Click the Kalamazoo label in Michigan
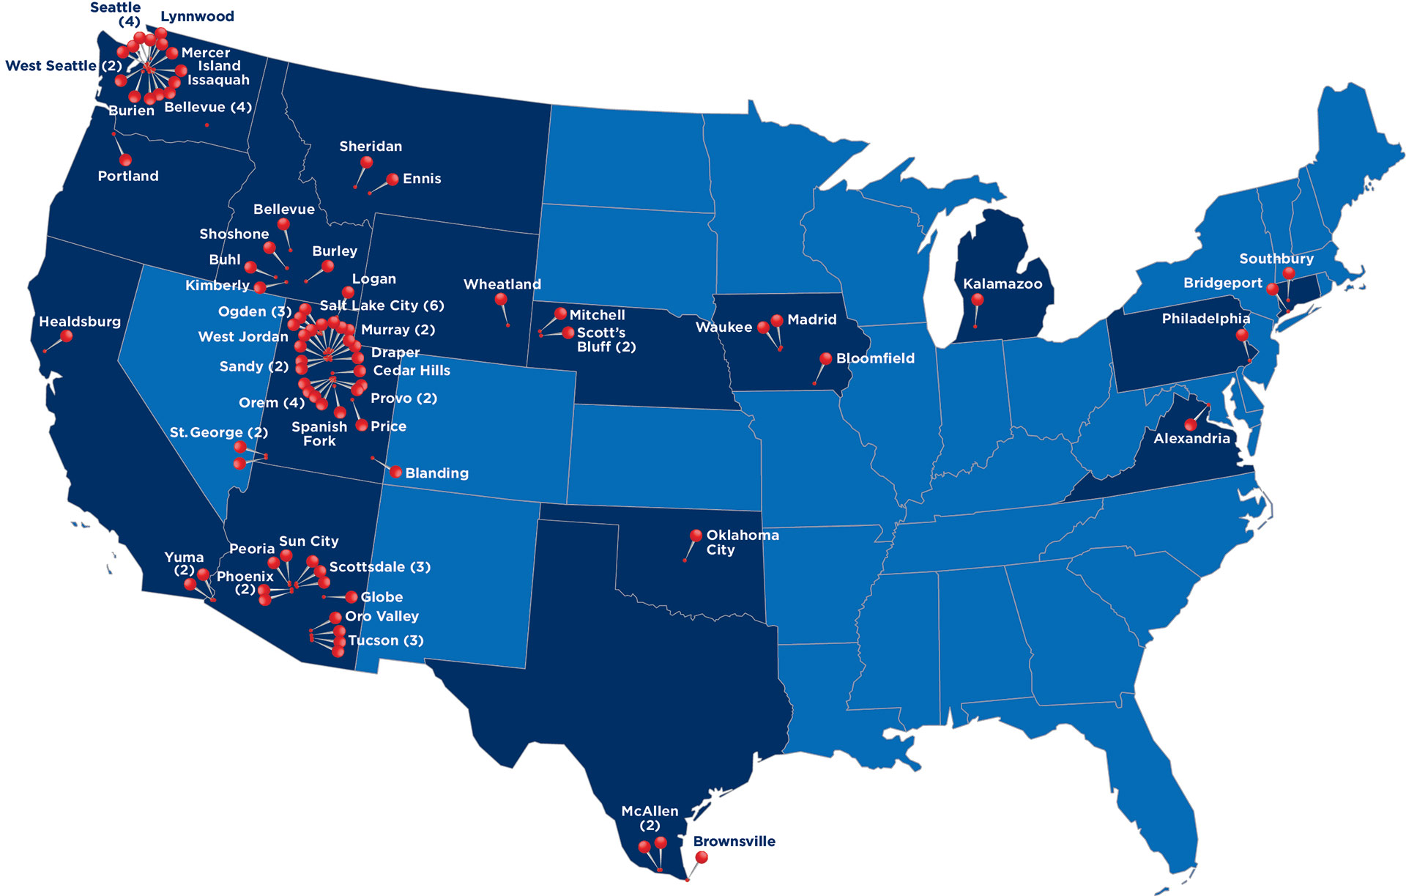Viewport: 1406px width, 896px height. [x=1002, y=284]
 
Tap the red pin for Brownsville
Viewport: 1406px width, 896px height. [x=702, y=857]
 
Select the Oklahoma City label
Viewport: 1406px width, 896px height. [x=741, y=542]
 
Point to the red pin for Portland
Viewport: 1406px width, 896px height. [x=125, y=160]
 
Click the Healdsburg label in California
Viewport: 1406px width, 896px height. [x=79, y=322]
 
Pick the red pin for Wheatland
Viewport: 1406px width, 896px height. [x=501, y=299]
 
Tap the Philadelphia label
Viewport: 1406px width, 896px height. [x=1205, y=319]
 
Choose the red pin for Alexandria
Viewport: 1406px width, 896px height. [x=1191, y=424]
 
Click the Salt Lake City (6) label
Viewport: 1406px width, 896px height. [x=382, y=306]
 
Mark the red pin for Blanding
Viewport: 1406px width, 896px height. [x=396, y=472]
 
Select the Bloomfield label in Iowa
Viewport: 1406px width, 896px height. [x=875, y=358]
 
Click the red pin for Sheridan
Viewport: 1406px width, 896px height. [x=367, y=163]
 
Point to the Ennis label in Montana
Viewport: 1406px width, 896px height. [x=422, y=179]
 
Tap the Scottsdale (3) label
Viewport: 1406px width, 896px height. [x=379, y=567]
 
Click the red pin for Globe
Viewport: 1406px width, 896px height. [x=351, y=597]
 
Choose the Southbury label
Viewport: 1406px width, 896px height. [x=1276, y=259]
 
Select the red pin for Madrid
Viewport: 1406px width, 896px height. [x=777, y=320]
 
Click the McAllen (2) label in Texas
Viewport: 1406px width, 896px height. [x=650, y=818]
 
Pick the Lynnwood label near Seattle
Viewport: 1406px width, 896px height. [x=197, y=16]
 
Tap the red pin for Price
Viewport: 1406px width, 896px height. [x=362, y=425]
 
